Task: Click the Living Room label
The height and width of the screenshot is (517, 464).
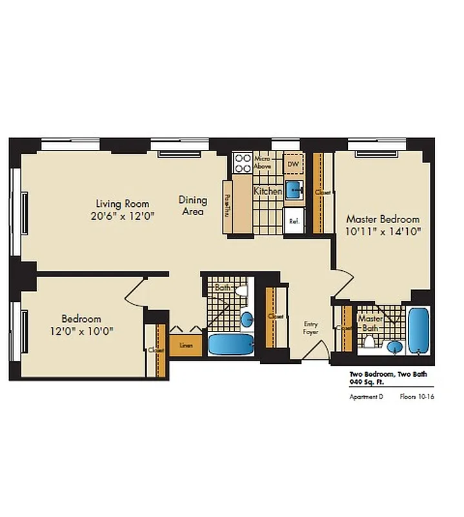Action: click(123, 204)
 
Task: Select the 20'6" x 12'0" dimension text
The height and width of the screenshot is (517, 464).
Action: click(123, 216)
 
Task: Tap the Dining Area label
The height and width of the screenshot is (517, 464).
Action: click(192, 206)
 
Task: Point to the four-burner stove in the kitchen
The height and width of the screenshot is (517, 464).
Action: click(243, 163)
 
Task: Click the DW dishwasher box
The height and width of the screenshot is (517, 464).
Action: click(293, 164)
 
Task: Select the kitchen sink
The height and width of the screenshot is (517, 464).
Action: click(293, 188)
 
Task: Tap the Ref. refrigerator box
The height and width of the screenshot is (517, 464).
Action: click(294, 219)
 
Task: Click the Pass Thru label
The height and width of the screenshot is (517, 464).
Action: click(227, 206)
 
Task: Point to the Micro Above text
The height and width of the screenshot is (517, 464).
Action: click(262, 162)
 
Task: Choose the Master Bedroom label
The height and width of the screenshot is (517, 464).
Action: click(383, 219)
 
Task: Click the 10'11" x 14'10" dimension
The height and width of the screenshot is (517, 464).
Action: click(383, 231)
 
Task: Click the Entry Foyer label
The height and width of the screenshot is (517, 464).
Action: click(312, 328)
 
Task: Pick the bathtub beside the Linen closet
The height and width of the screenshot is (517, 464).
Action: click(231, 344)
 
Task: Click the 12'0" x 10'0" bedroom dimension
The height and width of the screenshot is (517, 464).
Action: click(81, 331)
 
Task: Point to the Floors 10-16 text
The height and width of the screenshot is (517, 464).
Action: click(416, 397)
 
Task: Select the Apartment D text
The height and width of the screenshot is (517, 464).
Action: click(367, 397)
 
